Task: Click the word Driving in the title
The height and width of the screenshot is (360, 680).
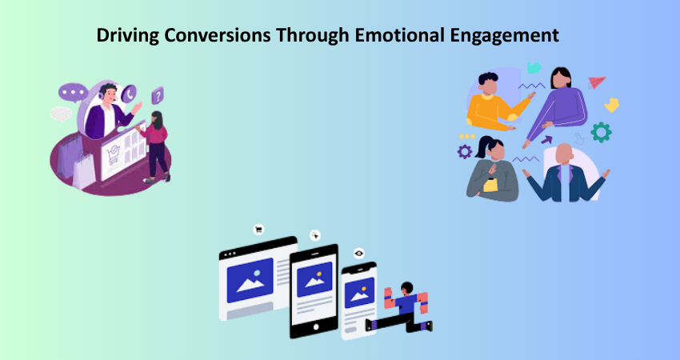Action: coord(128,35)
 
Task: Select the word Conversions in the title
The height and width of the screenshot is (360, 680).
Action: coord(218,34)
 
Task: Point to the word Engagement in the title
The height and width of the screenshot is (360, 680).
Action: coord(504,35)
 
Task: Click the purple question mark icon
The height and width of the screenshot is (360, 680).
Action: coord(158,96)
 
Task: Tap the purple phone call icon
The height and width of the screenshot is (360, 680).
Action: coord(129,94)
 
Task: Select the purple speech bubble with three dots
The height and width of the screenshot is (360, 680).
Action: coord(73,92)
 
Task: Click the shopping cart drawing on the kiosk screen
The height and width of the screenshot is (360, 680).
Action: coord(113,154)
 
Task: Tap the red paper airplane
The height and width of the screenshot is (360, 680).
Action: coord(597,82)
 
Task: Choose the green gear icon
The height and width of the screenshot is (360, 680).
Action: coord(601,132)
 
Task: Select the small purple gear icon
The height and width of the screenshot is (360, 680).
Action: coord(465,151)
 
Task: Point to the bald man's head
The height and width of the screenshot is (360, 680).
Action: coord(564,154)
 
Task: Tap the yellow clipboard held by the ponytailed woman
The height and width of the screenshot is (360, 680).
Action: coord(490,185)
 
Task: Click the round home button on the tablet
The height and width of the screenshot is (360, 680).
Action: coord(316,326)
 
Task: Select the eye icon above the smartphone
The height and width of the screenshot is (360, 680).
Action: coord(358,254)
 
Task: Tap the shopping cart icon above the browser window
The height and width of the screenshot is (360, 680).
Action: coord(259,230)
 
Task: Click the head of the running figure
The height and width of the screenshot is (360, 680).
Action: coord(406,288)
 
